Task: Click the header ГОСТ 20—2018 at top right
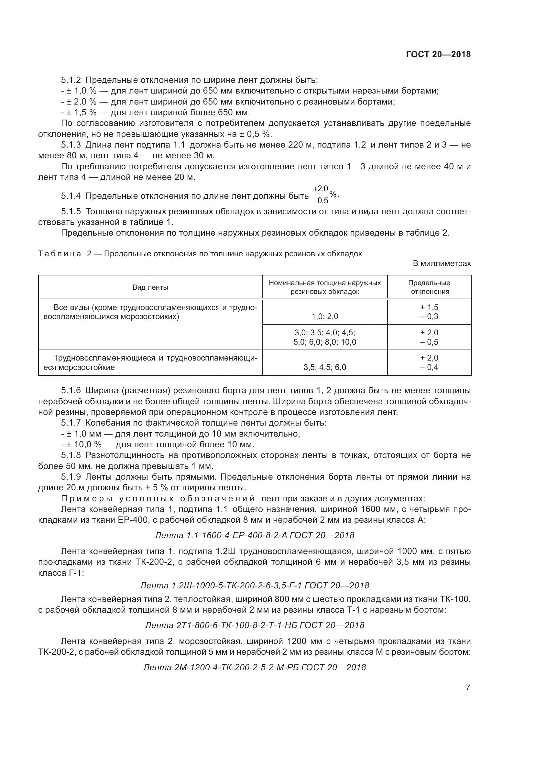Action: [x=438, y=54]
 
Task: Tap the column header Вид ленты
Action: [x=150, y=287]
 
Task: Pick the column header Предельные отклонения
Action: [x=429, y=287]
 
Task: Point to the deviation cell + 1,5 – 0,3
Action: [x=429, y=312]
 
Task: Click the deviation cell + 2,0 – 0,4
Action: [x=429, y=363]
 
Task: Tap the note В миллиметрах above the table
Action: [x=442, y=263]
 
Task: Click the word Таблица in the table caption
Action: [x=60, y=254]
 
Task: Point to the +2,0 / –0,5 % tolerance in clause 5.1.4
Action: [x=324, y=195]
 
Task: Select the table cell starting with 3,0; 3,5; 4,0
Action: [x=325, y=337]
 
